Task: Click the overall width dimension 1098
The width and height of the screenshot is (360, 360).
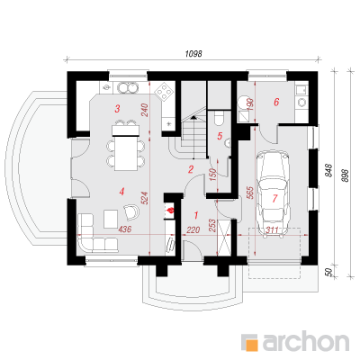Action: [193, 54]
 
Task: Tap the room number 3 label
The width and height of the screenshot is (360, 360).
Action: [117, 109]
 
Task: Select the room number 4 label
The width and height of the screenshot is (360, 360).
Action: [121, 192]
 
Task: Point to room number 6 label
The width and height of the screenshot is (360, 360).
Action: [276, 102]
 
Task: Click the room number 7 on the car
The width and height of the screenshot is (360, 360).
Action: [274, 198]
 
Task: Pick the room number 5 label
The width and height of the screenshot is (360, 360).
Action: [220, 136]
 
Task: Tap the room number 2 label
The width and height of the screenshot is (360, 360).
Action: [191, 170]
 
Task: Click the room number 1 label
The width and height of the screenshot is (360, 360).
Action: [196, 215]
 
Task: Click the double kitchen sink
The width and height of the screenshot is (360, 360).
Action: [128, 87]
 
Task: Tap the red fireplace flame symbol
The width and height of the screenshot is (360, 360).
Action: [170, 210]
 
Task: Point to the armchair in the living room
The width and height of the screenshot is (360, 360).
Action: [131, 211]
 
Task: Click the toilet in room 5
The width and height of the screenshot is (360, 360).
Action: [219, 118]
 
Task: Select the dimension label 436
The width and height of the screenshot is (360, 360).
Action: [124, 229]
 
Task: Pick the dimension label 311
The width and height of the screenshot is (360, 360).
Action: [273, 230]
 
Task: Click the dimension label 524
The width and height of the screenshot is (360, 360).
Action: [145, 198]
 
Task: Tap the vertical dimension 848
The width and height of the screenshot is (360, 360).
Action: [329, 170]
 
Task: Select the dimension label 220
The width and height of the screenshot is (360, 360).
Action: [193, 230]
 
